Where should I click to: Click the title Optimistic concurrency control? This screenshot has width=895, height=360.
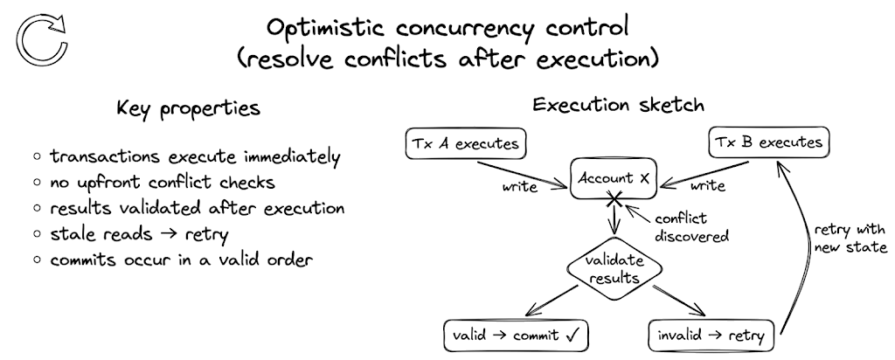coord(447,28)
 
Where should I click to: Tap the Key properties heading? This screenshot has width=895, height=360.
coord(188,110)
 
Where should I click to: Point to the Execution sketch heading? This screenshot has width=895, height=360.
coord(619,106)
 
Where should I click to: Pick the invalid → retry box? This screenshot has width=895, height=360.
coord(711,335)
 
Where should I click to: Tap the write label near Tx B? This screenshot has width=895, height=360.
coord(707,187)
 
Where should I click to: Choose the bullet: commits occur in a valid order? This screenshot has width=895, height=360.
coord(180,261)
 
